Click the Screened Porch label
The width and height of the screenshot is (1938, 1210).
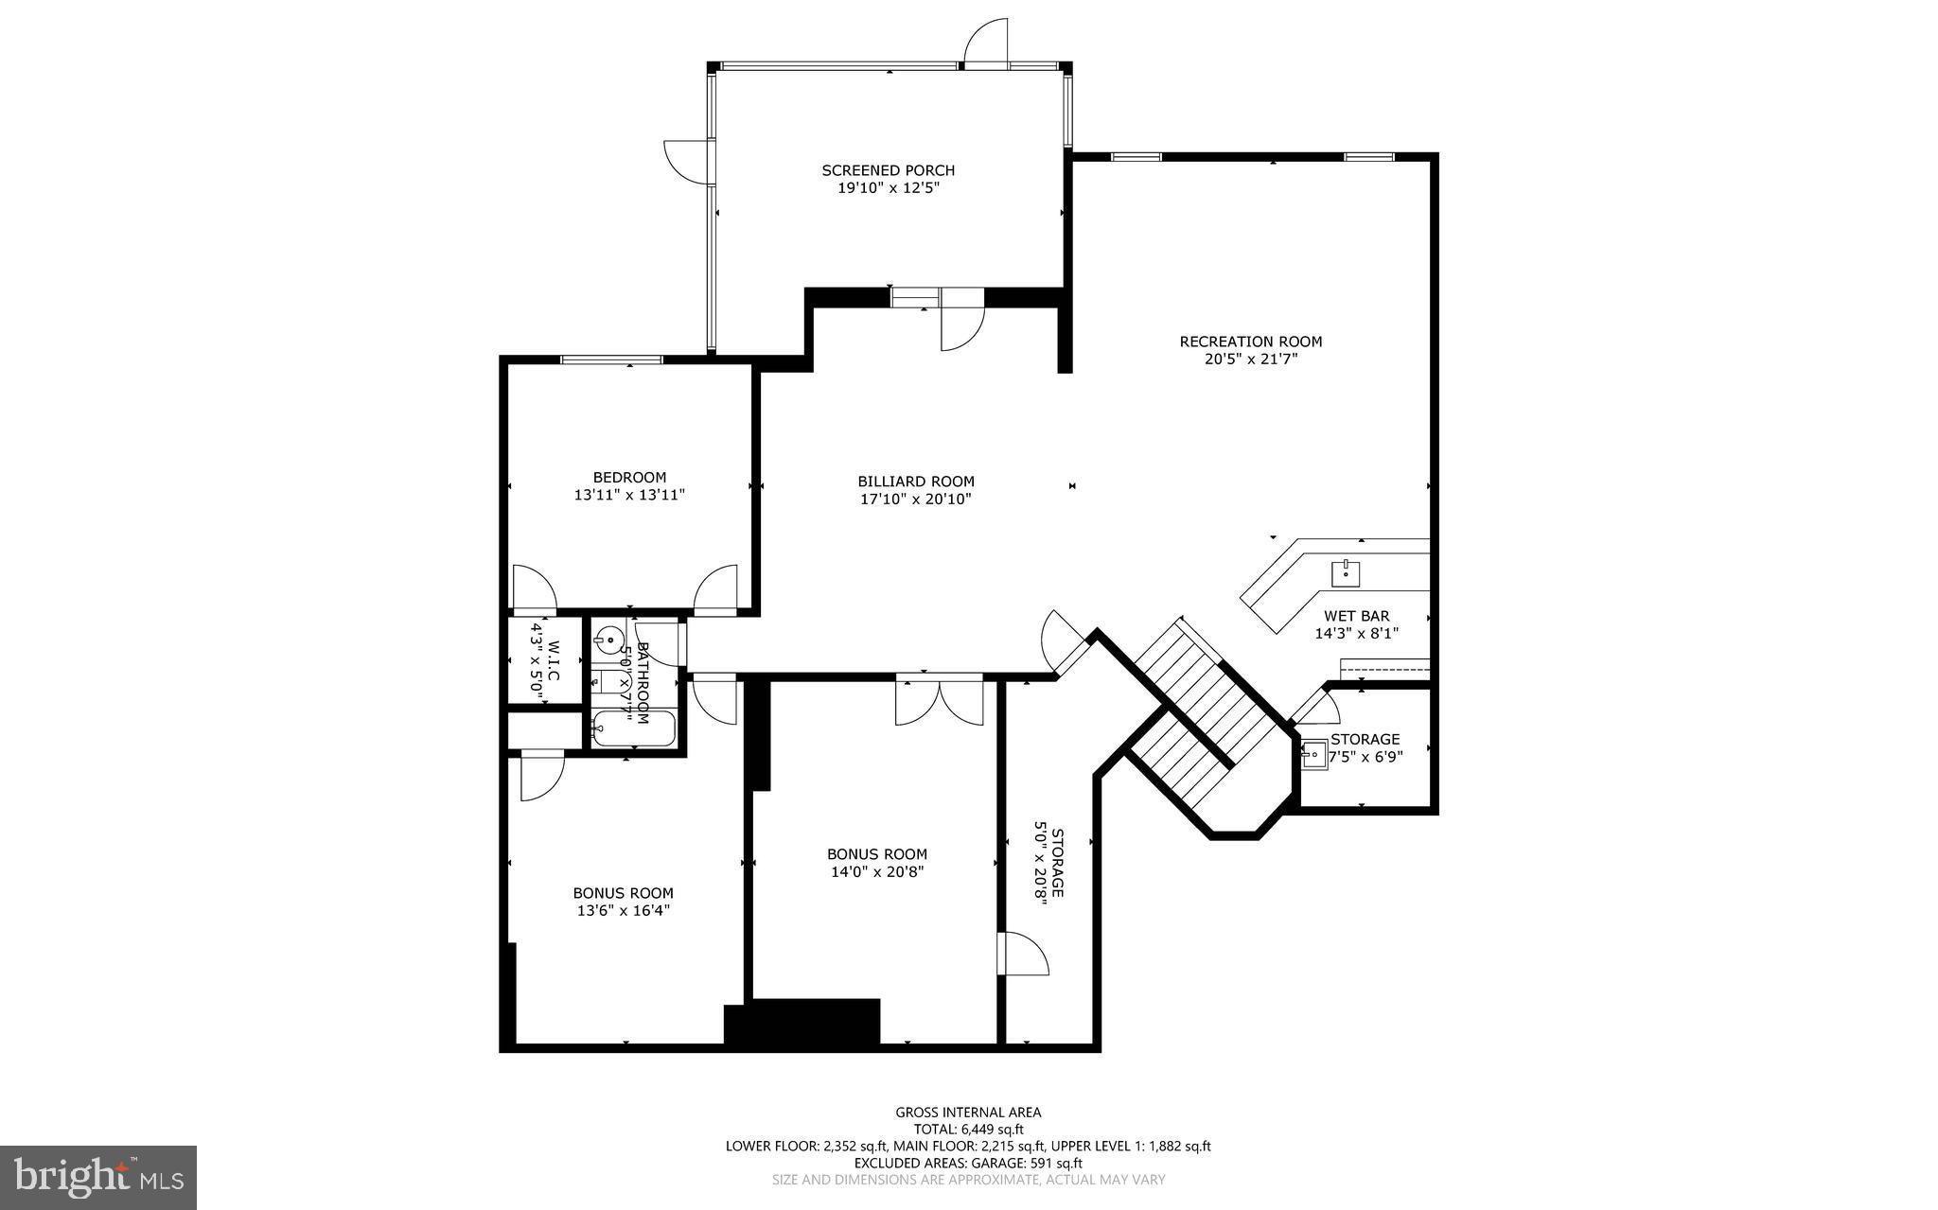tap(888, 170)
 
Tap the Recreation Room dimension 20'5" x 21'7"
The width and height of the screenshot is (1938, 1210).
tap(1250, 359)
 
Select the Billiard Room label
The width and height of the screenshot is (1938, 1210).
tap(915, 482)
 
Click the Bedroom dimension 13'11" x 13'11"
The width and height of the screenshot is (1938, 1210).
tap(629, 495)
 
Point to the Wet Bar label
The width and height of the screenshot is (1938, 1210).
tap(1356, 616)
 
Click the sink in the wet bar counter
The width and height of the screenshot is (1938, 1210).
tap(1346, 571)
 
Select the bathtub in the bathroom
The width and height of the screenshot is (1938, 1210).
tap(633, 729)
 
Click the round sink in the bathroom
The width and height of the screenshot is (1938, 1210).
tap(608, 640)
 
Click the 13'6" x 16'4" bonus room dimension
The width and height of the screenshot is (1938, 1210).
tap(623, 910)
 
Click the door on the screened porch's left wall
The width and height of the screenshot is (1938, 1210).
tap(686, 162)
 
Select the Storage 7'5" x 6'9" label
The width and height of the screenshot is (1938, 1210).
tap(1365, 739)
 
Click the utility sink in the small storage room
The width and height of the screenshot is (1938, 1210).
tap(1314, 754)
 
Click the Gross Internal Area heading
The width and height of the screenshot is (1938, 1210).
tap(968, 1113)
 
